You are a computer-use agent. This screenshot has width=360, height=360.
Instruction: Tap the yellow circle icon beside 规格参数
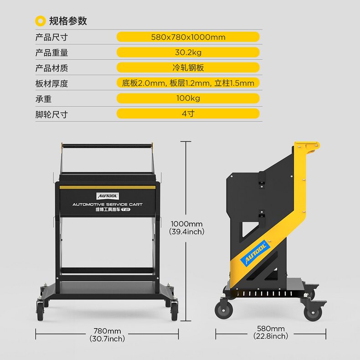pyautogui.click(x=41, y=21)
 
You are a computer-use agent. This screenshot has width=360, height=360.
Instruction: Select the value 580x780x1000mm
pyautogui.click(x=188, y=37)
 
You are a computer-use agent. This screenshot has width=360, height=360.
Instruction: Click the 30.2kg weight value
pyautogui.click(x=188, y=52)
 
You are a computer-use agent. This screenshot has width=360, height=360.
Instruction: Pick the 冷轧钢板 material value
pyautogui.click(x=188, y=68)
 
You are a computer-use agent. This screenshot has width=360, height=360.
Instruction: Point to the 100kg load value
pyautogui.click(x=188, y=98)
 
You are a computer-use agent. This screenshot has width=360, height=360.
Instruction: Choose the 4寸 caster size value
pyautogui.click(x=188, y=113)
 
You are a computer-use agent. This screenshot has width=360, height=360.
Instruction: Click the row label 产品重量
pyautogui.click(x=51, y=53)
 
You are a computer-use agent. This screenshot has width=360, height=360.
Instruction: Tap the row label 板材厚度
pyautogui.click(x=51, y=83)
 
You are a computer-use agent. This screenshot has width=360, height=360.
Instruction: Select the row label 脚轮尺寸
pyautogui.click(x=51, y=114)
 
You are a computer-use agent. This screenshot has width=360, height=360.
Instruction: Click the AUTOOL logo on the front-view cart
pyautogui.click(x=108, y=196)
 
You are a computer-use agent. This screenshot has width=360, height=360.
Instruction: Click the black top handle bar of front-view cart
pyautogui.click(x=107, y=146)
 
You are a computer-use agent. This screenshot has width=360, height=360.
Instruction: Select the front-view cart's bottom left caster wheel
pyautogui.click(x=40, y=312)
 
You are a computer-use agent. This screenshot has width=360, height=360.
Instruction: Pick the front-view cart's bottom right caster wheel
pyautogui.click(x=174, y=312)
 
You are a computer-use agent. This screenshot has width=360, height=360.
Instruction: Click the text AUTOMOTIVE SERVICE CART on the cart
pyautogui.click(x=108, y=205)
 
